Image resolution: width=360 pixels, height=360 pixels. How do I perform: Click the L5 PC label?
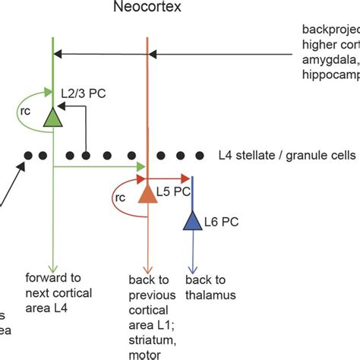(x=173, y=192)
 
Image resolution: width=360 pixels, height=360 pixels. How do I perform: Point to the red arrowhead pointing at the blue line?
(x=186, y=180)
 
